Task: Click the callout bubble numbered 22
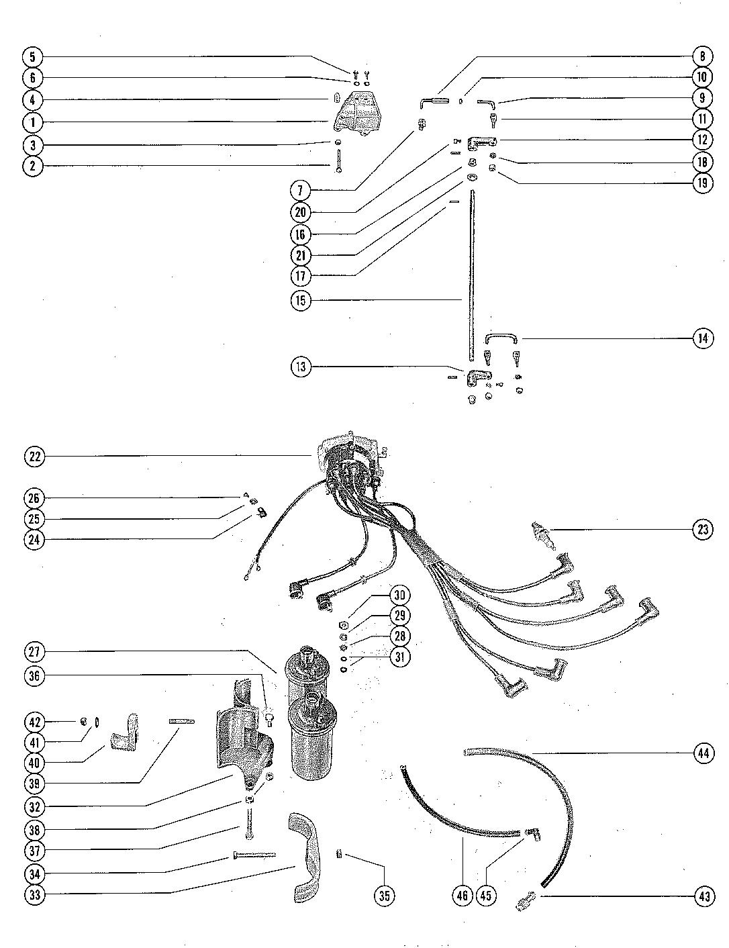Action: pyautogui.click(x=34, y=457)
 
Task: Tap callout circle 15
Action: pyautogui.click(x=301, y=301)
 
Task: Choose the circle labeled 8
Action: pyautogui.click(x=702, y=56)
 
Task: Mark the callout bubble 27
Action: pyautogui.click(x=34, y=652)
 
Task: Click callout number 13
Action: pyautogui.click(x=301, y=367)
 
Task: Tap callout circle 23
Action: pyautogui.click(x=703, y=530)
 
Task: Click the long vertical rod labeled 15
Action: pyautogui.click(x=472, y=275)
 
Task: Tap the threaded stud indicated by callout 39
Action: pyautogui.click(x=181, y=722)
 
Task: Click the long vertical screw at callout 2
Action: pyautogui.click(x=339, y=161)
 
